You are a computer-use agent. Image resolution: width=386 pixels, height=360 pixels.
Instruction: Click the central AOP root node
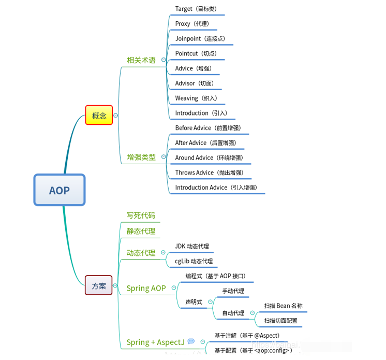click(x=60, y=190)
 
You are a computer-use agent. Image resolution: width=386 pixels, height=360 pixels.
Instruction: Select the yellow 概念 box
click(x=99, y=116)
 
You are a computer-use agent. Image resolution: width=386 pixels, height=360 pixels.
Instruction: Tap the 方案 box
click(x=98, y=285)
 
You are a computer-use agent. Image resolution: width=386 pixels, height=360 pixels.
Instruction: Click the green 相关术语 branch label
click(x=141, y=60)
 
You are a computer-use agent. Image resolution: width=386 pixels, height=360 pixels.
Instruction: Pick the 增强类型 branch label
click(x=141, y=157)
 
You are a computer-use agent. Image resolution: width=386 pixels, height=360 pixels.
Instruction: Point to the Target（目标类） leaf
click(x=196, y=9)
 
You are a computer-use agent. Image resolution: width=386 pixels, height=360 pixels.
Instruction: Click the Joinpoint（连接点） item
click(x=200, y=39)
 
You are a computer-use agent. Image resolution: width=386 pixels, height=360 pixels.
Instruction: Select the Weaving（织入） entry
click(x=196, y=98)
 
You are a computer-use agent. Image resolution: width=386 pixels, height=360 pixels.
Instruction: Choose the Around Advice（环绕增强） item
click(x=209, y=158)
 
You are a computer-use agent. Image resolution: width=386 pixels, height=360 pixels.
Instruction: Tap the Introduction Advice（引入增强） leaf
click(x=216, y=188)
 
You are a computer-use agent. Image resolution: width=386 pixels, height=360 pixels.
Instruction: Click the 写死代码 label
click(x=141, y=215)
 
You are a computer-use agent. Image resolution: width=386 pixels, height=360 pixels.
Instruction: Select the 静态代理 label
click(x=141, y=231)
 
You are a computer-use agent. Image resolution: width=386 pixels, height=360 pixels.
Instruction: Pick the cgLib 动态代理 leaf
click(x=194, y=262)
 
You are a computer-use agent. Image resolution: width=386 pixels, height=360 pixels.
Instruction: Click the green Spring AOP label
click(x=146, y=289)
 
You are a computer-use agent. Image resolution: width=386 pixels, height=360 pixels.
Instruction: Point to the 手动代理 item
click(x=233, y=291)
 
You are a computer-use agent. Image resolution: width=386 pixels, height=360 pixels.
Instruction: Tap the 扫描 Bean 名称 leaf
click(x=283, y=306)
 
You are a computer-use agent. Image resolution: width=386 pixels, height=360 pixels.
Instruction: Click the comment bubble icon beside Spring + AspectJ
click(x=191, y=341)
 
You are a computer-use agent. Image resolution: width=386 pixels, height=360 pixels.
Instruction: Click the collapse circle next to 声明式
click(x=210, y=302)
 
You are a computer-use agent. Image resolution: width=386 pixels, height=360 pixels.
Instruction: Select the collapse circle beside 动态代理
click(x=163, y=253)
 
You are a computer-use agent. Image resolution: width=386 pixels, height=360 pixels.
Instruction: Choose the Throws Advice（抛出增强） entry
click(x=209, y=173)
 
